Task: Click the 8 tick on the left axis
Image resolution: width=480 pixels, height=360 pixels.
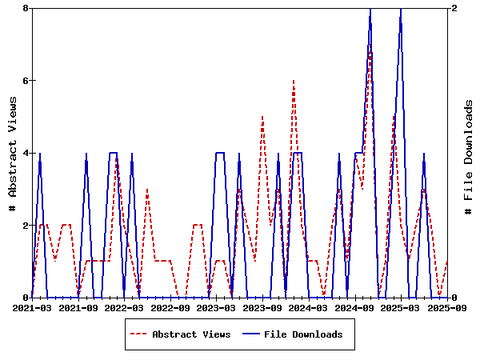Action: [26, 8]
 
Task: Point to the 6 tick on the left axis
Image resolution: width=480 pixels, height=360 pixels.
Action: [26, 81]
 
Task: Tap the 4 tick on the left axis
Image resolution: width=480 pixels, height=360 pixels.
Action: [26, 153]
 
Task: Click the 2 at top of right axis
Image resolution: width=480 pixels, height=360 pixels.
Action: [454, 8]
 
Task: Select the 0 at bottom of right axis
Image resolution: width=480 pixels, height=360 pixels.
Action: [454, 298]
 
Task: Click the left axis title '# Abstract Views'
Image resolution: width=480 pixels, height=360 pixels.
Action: [12, 152]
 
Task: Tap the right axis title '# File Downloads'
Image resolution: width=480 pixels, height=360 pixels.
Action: [468, 152]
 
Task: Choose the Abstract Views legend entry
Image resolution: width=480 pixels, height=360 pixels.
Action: [191, 334]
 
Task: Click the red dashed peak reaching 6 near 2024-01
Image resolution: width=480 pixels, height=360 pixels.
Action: [294, 81]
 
